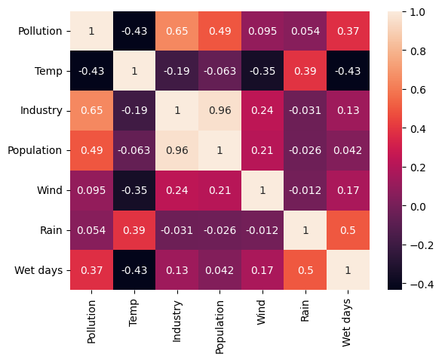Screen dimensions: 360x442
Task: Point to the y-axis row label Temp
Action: tap(48, 71)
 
